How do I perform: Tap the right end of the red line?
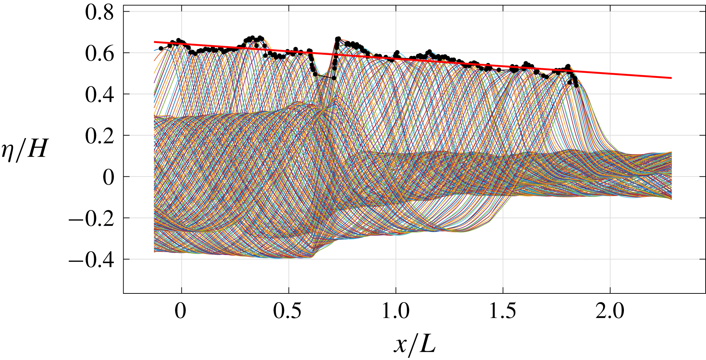[x=671, y=78]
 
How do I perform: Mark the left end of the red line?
[x=155, y=42]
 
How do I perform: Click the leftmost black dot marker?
[x=161, y=48]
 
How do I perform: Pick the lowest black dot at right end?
[x=576, y=85]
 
